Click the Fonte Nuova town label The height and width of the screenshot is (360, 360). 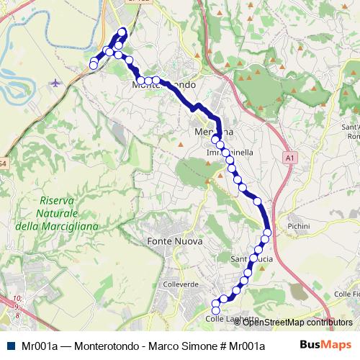(174, 241)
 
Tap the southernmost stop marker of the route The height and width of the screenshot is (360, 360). (215, 310)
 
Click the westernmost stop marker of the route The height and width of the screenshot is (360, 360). (93, 66)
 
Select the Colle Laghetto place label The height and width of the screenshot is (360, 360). (232, 319)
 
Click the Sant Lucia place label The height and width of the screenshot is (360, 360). (251, 258)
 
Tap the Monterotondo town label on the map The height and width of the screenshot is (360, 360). (163, 85)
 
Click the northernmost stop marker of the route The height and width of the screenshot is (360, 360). (122, 31)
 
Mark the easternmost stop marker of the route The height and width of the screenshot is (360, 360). (267, 232)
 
